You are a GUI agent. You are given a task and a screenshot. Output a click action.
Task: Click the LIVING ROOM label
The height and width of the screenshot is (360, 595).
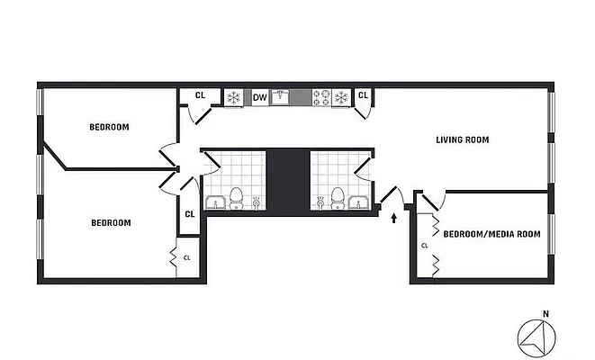462,139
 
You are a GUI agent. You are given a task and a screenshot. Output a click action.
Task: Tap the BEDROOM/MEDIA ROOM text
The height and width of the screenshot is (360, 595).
491,234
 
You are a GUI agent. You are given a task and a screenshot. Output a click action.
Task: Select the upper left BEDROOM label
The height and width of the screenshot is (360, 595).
109,127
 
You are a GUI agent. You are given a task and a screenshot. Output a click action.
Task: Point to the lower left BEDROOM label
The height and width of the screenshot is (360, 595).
111,222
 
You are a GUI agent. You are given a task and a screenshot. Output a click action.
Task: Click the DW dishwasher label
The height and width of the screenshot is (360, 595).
259,97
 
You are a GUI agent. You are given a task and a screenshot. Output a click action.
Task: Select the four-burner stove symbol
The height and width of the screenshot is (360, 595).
320,97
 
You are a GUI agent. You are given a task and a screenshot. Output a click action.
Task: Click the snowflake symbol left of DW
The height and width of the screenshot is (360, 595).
234,97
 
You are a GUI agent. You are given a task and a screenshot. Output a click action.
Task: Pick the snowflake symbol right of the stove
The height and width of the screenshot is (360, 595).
342,97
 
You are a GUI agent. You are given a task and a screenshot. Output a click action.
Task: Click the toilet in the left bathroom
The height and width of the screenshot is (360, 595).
237,195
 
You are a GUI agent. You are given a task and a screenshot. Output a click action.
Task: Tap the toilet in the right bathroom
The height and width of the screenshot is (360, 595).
338,195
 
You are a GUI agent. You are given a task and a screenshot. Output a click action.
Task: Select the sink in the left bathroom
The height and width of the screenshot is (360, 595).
216,202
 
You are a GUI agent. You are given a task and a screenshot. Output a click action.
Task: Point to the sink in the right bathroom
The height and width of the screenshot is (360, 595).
357,202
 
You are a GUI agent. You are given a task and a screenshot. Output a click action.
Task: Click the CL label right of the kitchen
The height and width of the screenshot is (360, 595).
364,95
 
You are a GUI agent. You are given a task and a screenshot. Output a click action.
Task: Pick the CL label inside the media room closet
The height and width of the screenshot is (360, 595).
424,244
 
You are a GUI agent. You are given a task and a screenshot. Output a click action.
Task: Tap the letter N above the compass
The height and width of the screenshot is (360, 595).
545,314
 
